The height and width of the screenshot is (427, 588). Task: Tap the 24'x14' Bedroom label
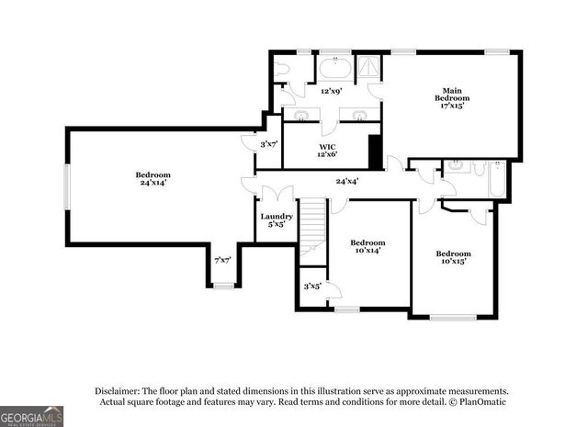tap(153, 178)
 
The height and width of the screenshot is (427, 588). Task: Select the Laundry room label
tap(276, 219)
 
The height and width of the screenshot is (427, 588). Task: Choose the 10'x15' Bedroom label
tap(453, 257)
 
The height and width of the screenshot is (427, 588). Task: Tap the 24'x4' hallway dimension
tap(346, 181)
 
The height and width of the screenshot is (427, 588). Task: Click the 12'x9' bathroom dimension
tap(332, 91)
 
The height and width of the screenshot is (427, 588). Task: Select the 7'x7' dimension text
tap(222, 261)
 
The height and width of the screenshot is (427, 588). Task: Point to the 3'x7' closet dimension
tap(269, 144)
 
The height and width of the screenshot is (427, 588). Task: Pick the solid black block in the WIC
tap(375, 152)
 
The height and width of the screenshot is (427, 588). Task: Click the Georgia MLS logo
tap(32, 416)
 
